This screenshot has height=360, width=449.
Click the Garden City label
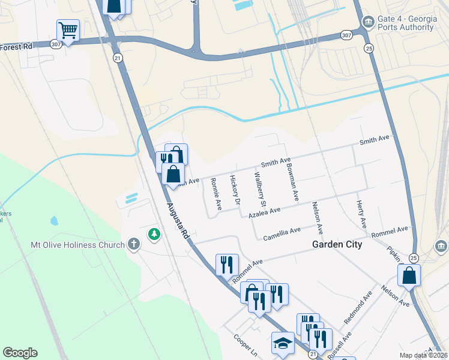coord(337,244)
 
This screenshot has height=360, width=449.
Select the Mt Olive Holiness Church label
coord(78,245)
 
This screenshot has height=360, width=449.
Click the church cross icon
coord(134,244)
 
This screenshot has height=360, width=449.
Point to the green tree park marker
coord(155,234)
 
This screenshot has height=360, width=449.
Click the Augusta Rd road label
coord(178,221)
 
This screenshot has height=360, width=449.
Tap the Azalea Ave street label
coord(265,212)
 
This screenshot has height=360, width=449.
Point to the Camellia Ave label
coord(282,233)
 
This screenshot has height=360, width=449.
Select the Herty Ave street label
coord(361,214)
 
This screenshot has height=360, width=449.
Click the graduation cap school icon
coord(283,343)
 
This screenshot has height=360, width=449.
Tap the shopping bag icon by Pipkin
coord(409,275)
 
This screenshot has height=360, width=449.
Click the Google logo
coord(20,353)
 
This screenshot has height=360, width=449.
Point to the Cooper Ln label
coord(246,346)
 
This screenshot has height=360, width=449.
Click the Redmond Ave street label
coord(358,308)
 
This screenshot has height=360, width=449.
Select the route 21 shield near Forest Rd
coord(118,58)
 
